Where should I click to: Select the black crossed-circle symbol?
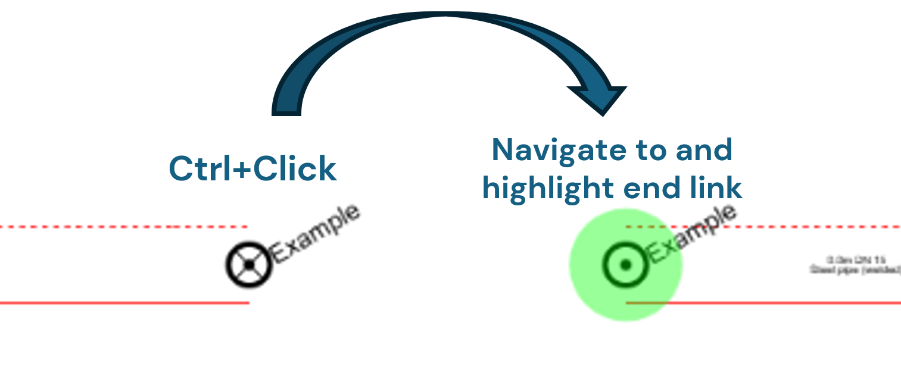249,264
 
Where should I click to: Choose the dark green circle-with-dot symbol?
625,264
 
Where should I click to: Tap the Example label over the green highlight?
691,234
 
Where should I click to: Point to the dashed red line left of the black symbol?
119,227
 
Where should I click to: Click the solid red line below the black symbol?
119,303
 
